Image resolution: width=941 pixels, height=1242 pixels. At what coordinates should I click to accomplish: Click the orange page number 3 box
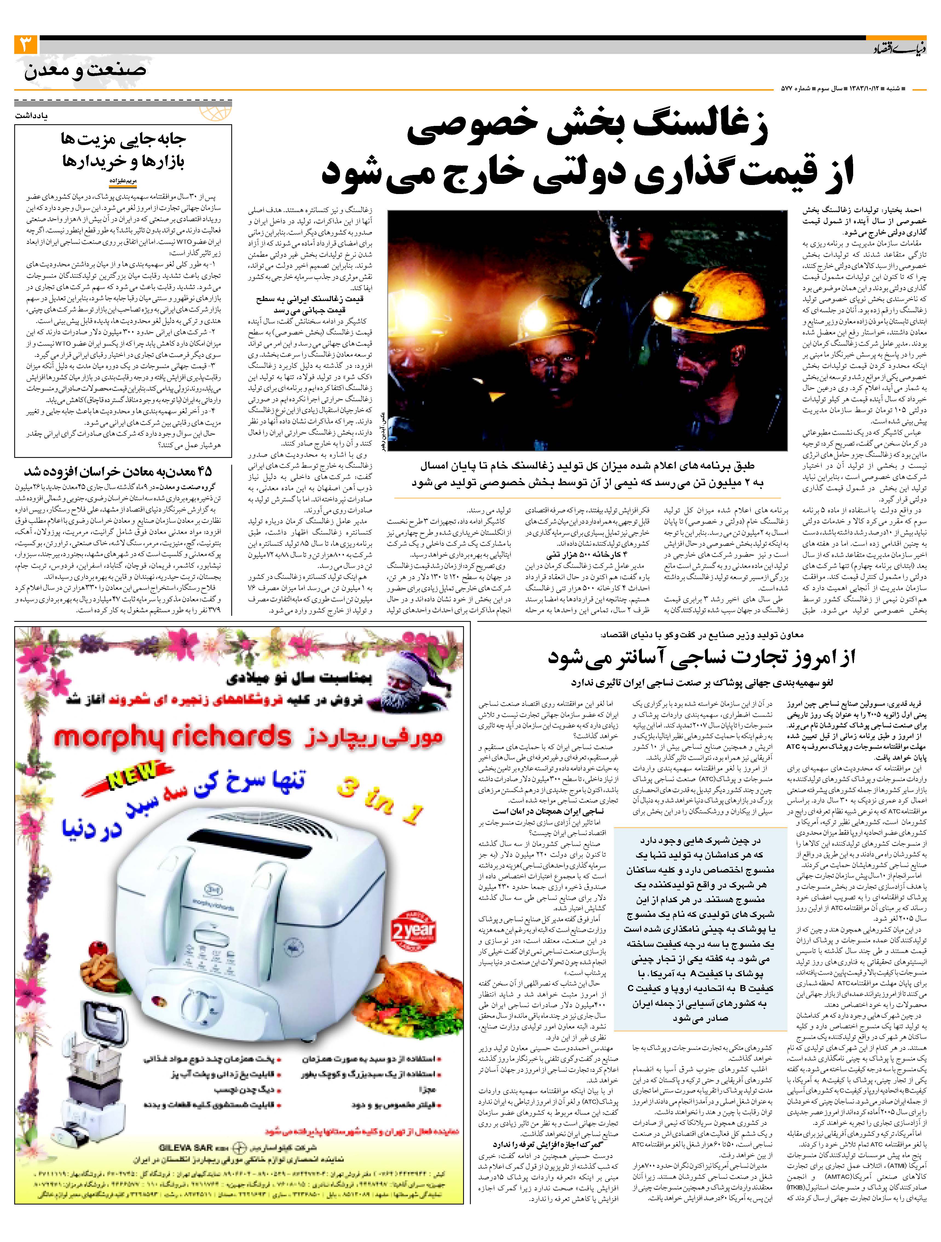pyautogui.click(x=26, y=44)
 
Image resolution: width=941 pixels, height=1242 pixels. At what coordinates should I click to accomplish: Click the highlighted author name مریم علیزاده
pyautogui.click(x=123, y=181)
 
